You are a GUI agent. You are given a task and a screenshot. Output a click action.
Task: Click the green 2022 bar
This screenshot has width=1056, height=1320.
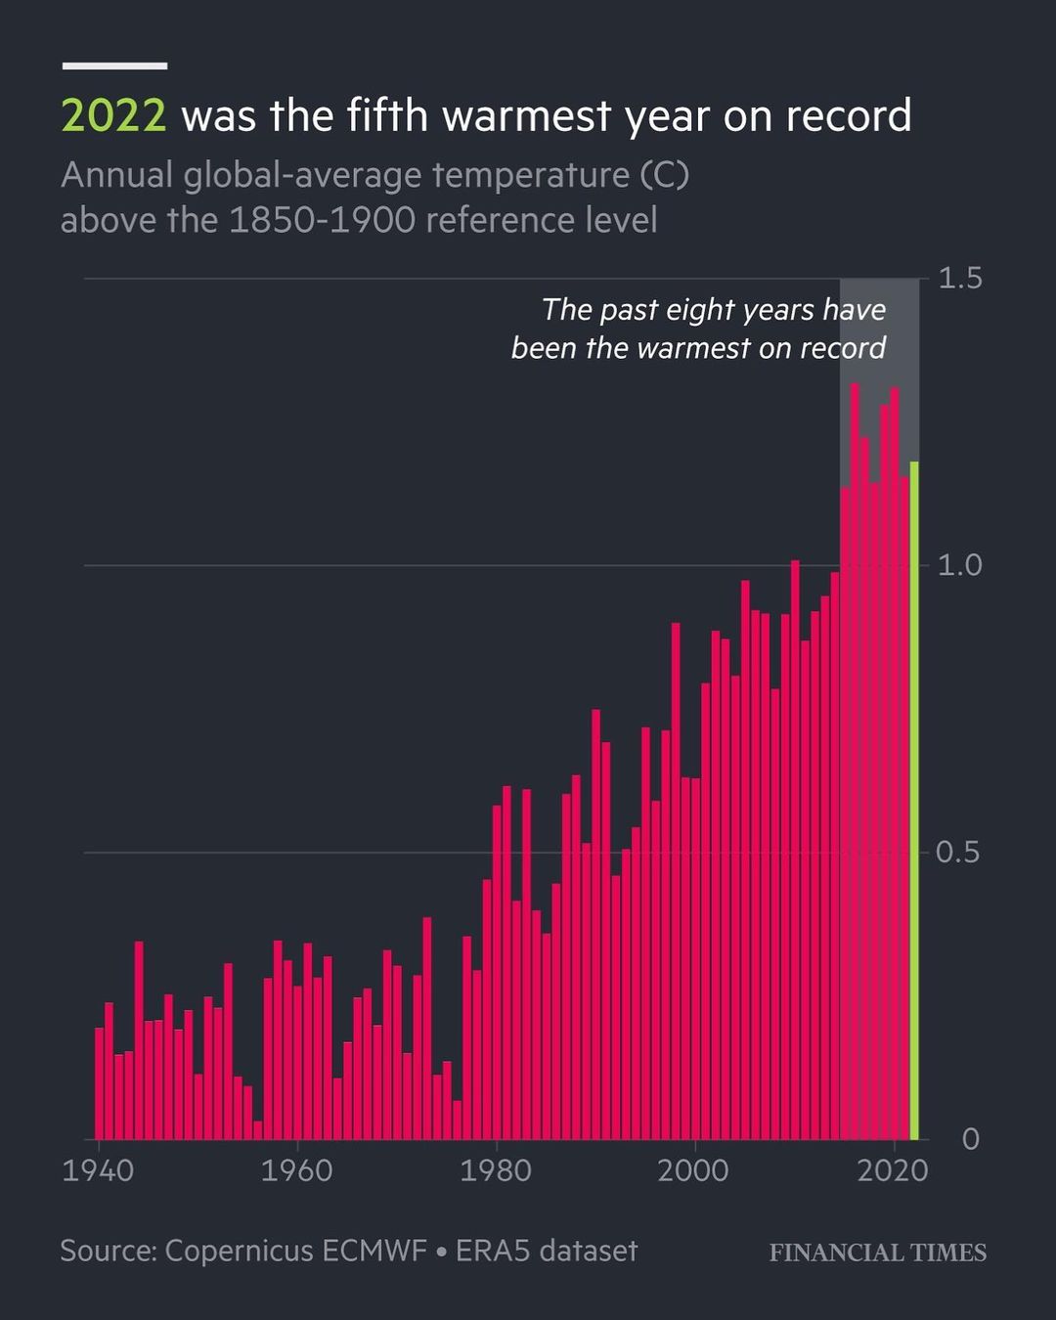click(914, 802)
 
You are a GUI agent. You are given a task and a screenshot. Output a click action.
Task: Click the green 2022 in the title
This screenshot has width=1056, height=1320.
click(113, 116)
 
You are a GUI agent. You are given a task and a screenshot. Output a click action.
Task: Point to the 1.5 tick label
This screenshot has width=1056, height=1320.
click(959, 279)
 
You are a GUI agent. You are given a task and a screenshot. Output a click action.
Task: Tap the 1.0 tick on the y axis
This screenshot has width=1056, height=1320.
click(959, 565)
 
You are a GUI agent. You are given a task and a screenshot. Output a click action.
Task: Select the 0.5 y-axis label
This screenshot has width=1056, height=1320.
click(957, 853)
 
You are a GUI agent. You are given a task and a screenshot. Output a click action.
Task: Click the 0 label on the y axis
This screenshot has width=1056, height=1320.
click(970, 1139)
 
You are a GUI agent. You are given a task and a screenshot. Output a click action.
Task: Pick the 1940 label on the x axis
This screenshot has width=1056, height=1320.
click(98, 1170)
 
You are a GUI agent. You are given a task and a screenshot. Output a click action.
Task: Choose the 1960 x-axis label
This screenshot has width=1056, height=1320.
click(296, 1170)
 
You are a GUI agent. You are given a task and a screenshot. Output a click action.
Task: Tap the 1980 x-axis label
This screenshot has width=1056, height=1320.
click(496, 1170)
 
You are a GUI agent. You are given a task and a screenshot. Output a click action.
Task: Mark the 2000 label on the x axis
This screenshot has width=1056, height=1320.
click(693, 1170)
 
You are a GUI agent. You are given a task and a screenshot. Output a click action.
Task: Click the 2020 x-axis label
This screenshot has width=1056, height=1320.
click(892, 1170)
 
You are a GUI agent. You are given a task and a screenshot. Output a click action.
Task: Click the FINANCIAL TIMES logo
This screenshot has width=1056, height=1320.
click(877, 1253)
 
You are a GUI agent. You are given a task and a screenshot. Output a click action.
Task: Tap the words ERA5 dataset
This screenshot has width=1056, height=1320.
click(547, 1251)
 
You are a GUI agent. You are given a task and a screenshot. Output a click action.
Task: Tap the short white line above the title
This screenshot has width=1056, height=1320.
click(114, 66)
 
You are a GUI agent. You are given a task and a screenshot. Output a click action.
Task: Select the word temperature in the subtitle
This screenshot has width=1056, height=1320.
click(531, 175)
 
